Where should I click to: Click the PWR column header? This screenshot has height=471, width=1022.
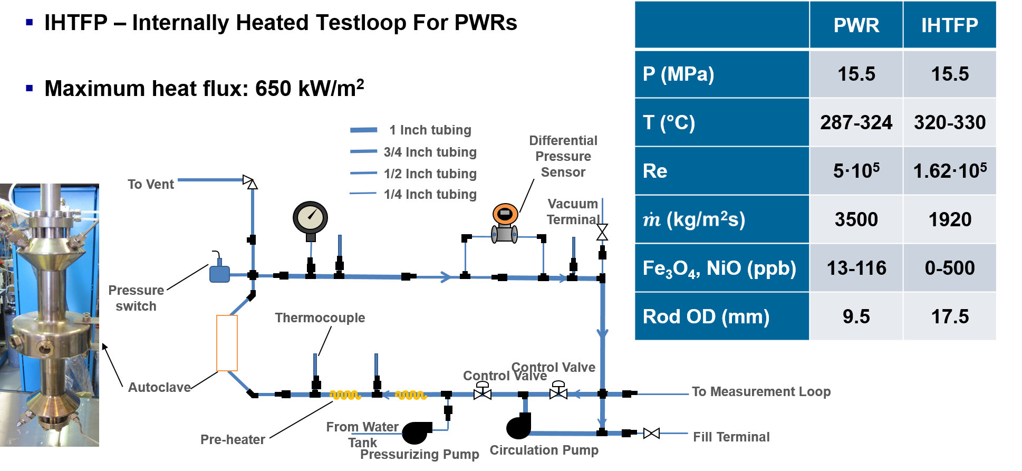[856, 25]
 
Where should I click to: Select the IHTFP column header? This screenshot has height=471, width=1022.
[949, 25]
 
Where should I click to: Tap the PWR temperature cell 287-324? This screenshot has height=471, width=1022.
[856, 122]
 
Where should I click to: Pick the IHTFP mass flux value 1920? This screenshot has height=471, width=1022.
[949, 219]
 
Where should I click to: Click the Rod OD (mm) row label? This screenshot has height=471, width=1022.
[706, 316]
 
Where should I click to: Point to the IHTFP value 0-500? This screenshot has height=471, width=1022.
[949, 268]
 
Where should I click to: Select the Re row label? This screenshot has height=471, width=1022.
[655, 171]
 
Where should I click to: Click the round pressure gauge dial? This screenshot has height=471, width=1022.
[310, 217]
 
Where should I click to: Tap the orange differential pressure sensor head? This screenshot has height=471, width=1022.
[505, 214]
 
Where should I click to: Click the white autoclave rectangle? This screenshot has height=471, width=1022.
[227, 343]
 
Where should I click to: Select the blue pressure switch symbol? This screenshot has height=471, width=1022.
[219, 273]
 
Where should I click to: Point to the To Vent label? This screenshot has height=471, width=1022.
[151, 184]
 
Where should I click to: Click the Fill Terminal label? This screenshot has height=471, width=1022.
[731, 437]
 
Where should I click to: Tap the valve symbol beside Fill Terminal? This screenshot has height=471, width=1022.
[651, 433]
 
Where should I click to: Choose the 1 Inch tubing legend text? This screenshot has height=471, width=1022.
[430, 130]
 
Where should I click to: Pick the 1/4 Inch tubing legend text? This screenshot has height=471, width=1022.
[430, 194]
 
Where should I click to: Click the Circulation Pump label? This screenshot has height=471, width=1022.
[544, 450]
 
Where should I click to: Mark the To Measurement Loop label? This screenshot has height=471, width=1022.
[761, 391]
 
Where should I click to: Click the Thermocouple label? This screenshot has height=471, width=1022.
[320, 318]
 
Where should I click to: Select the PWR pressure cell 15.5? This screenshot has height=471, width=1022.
[856, 74]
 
